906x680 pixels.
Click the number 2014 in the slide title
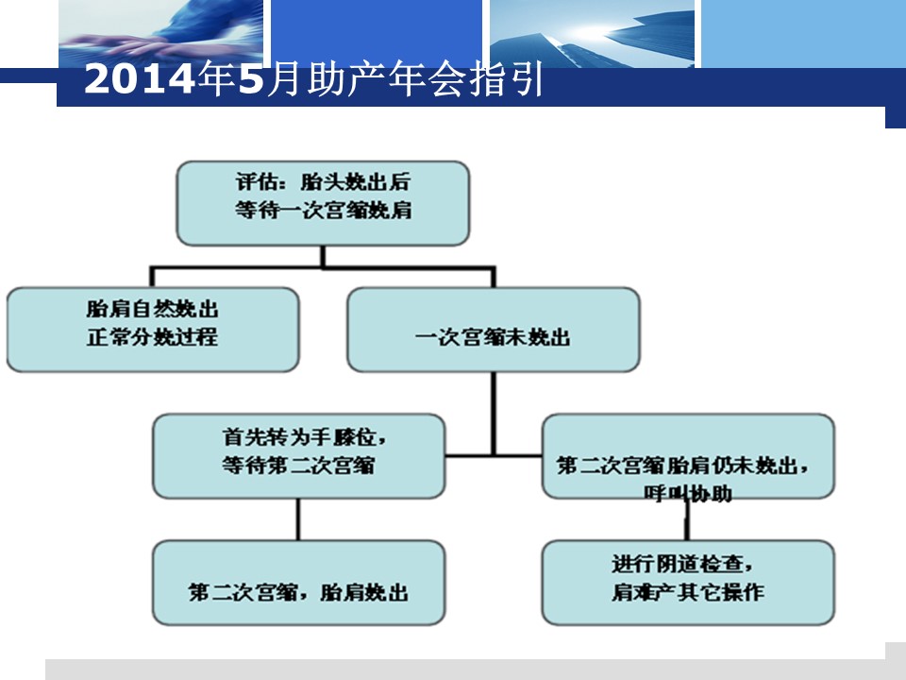click(x=140, y=78)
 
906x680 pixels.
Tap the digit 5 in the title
click(x=251, y=78)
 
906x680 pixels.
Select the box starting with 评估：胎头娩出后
click(x=323, y=203)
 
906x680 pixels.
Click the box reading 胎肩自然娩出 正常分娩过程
click(x=153, y=329)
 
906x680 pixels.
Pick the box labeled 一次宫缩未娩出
click(x=494, y=329)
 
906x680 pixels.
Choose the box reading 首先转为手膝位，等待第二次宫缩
click(x=299, y=455)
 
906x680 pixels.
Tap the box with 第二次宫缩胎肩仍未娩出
click(x=688, y=455)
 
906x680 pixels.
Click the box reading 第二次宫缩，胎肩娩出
click(x=299, y=583)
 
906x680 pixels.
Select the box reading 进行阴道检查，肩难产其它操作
click(x=688, y=583)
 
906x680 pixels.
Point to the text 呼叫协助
click(x=688, y=493)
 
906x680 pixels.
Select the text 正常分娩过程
click(x=153, y=336)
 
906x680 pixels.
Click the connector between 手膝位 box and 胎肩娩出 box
click(x=298, y=519)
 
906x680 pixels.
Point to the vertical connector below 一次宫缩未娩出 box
click(x=494, y=414)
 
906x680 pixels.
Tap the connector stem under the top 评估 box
click(x=323, y=256)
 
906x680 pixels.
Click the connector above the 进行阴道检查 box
click(x=688, y=519)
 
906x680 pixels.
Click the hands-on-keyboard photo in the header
click(x=161, y=34)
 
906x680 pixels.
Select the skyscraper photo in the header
click(x=593, y=34)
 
